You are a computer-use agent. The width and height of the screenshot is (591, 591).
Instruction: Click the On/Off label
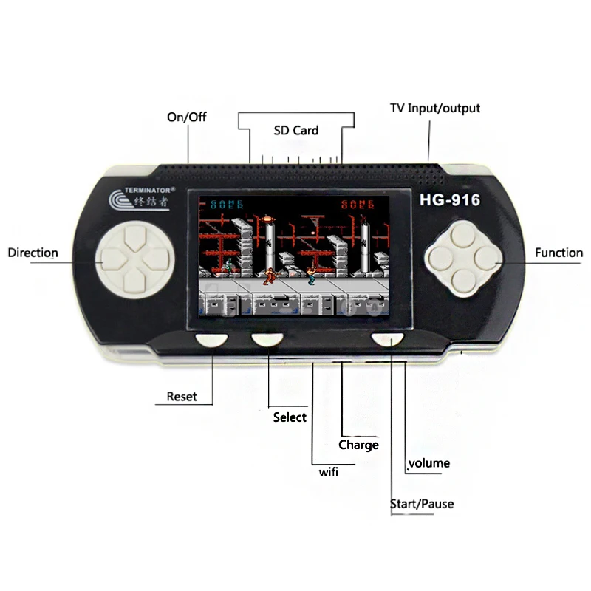188,117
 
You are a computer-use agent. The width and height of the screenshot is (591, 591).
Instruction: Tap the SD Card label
295,131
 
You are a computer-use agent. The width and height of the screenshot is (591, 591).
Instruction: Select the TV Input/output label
435,108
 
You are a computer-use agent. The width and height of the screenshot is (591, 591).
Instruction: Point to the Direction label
33,253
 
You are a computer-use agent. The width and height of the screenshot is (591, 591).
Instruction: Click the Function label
558,253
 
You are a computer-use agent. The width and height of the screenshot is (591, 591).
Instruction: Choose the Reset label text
182,397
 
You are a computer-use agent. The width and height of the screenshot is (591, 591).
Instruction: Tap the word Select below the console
290,417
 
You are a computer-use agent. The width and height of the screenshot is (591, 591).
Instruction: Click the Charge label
358,445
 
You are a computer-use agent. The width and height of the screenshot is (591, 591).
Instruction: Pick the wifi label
328,473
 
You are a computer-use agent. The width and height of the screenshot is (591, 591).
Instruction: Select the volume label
429,463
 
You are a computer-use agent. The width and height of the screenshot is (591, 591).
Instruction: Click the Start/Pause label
422,504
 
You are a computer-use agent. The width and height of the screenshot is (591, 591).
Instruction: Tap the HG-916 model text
450,199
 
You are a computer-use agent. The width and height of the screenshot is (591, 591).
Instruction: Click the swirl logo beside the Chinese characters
119,201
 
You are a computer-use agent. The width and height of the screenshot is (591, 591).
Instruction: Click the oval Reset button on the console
212,339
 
